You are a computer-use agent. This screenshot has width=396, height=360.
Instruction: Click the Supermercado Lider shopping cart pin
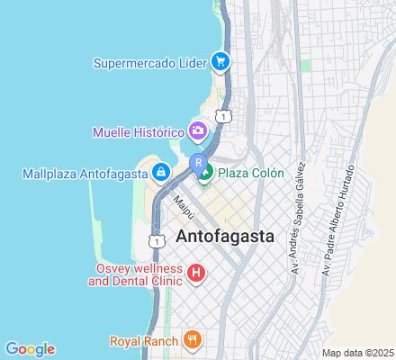click(x=219, y=62)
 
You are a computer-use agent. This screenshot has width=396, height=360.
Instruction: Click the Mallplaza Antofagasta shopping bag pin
click(x=160, y=171)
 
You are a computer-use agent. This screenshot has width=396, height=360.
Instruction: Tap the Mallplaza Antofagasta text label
click(x=86, y=172)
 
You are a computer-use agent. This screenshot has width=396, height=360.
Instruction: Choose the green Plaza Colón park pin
click(x=205, y=172)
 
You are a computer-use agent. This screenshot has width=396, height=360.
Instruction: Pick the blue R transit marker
click(x=197, y=162)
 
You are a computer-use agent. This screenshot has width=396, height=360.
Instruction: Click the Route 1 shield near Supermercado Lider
click(x=223, y=114)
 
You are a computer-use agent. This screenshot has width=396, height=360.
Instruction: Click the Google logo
click(x=30, y=349)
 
